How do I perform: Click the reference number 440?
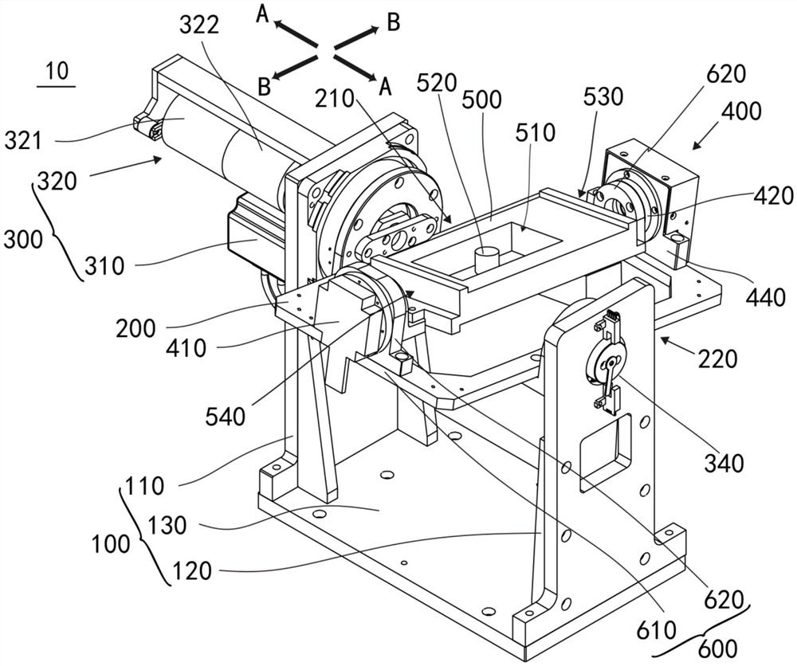pyautogui.click(x=766, y=297)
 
